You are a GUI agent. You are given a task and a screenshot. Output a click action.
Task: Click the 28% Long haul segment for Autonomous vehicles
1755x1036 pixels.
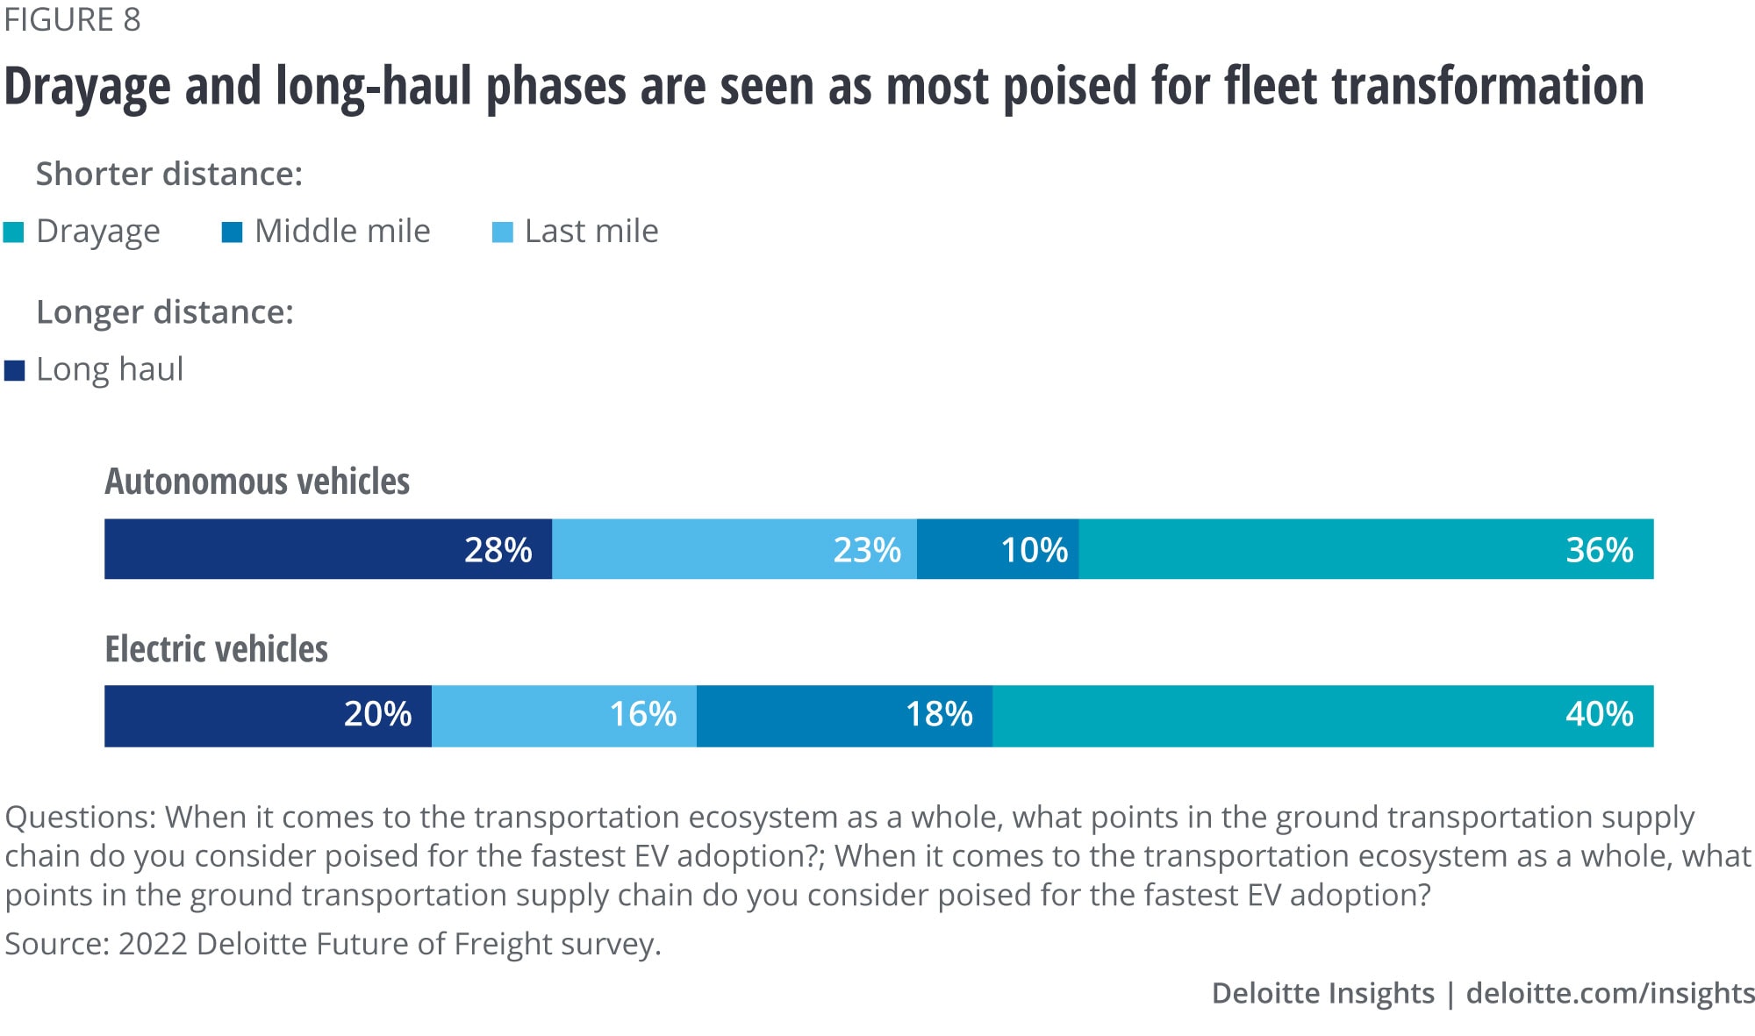327,549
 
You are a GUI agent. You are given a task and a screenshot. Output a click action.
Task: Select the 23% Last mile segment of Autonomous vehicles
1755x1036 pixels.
734,549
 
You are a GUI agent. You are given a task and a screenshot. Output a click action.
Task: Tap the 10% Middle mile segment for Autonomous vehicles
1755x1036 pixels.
998,549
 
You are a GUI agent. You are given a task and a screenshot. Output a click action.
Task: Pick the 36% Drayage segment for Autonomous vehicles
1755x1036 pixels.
1365,549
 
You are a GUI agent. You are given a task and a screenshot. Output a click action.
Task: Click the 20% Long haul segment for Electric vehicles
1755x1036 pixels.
268,716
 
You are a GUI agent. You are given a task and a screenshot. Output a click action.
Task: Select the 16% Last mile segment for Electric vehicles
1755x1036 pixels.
563,716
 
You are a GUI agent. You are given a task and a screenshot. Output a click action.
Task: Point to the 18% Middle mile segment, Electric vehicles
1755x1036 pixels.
844,716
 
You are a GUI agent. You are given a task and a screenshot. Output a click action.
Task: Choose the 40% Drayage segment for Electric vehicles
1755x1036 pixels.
1322,716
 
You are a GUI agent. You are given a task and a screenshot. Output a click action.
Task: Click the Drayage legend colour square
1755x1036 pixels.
14,232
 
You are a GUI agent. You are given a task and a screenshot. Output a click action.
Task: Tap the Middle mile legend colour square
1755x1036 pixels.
232,232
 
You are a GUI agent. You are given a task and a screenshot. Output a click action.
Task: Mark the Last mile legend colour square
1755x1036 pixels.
502,232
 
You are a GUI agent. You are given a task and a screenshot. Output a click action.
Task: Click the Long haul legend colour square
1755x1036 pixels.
14,370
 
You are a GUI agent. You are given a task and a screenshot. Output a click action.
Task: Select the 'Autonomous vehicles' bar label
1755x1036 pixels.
257,482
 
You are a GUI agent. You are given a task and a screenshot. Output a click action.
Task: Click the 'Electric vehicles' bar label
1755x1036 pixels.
216,649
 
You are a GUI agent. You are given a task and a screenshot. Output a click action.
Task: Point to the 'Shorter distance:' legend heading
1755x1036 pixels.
168,174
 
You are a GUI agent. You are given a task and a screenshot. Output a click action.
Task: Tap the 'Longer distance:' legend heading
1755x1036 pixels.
164,312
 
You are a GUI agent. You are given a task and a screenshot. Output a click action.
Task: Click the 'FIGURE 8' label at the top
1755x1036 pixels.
72,19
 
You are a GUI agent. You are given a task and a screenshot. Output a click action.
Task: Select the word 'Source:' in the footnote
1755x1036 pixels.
56,944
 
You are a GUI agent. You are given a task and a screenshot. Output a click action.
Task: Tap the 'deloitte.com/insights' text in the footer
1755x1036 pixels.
1610,993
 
